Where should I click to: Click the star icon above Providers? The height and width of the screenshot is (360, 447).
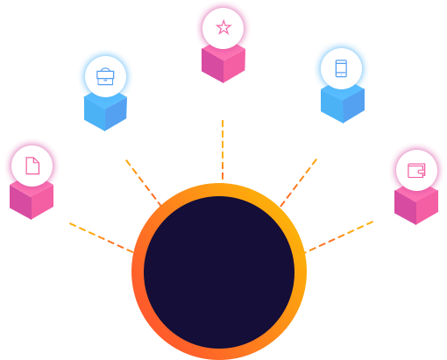tap(223, 28)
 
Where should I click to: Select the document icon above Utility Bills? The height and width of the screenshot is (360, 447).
tap(32, 166)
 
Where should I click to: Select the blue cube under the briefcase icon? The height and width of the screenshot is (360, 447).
tap(105, 112)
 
